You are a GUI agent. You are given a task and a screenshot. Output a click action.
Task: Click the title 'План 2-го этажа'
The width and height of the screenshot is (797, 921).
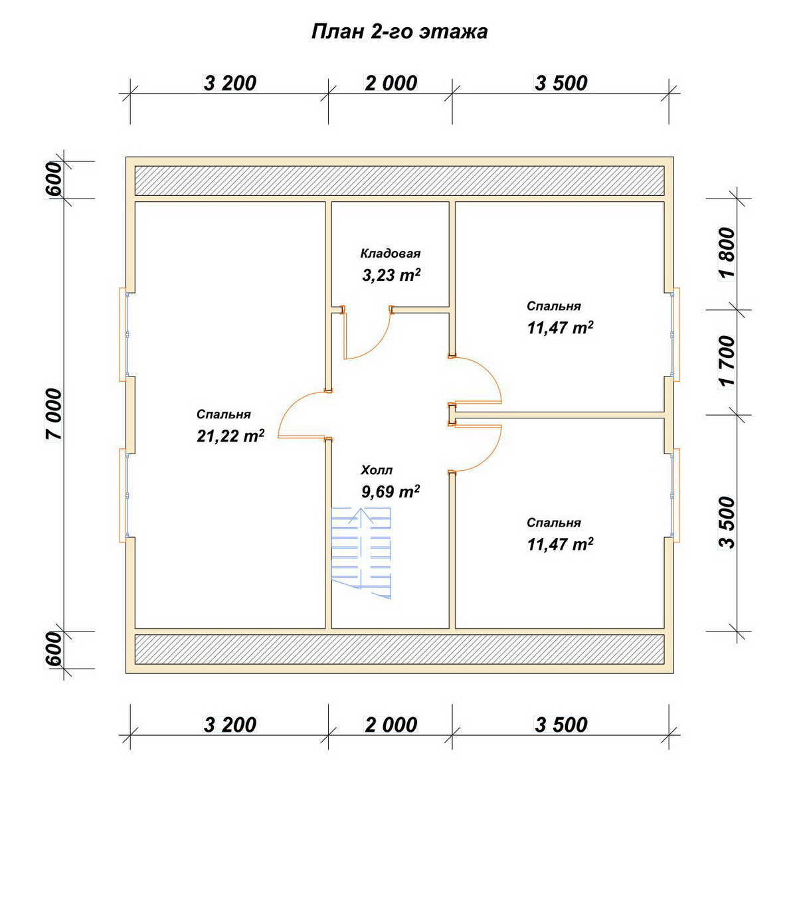(399, 32)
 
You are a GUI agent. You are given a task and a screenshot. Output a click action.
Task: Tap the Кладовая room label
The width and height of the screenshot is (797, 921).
(391, 254)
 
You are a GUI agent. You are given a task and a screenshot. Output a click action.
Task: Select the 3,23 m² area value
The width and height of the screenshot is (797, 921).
(391, 275)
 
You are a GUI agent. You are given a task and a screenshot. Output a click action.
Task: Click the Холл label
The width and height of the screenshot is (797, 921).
(377, 470)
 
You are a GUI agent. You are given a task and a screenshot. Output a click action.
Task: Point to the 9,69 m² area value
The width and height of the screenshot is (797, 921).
(391, 491)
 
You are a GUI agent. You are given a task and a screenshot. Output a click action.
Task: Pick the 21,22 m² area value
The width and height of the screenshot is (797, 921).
(230, 436)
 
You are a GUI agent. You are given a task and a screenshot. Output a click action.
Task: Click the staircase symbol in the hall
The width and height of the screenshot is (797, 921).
(361, 553)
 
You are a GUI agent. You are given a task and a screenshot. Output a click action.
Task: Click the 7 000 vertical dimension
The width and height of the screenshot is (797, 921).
(54, 414)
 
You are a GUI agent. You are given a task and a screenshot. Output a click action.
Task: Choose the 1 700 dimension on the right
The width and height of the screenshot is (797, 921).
(727, 362)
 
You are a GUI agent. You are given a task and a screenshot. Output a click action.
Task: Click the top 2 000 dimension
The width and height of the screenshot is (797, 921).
(391, 83)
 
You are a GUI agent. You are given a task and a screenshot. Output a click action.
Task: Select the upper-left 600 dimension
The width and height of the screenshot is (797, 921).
(54, 179)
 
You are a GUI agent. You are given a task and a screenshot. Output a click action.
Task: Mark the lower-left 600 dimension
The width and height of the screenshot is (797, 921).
(54, 649)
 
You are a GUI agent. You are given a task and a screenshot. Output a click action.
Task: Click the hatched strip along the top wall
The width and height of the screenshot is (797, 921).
(399, 181)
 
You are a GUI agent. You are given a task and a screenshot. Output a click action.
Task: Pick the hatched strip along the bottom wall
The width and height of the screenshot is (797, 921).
(399, 649)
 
